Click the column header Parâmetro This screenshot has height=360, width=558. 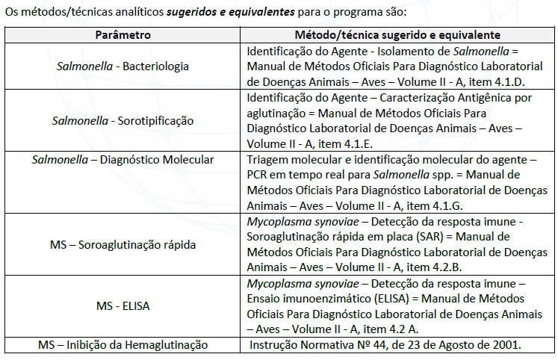[x=123, y=35]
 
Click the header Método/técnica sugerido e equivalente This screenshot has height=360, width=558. [x=397, y=35]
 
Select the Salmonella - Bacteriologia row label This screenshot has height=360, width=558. [x=123, y=66]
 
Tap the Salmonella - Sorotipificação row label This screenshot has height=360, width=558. [x=123, y=120]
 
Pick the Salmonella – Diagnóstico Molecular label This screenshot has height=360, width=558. [x=123, y=159]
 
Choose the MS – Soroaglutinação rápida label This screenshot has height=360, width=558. [x=123, y=243]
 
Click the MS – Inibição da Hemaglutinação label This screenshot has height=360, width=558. [x=123, y=344]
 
